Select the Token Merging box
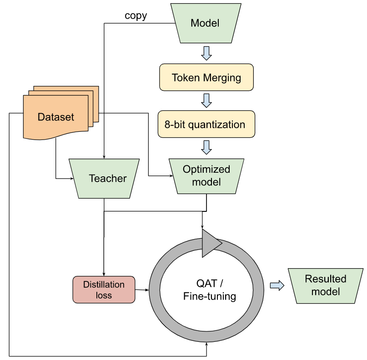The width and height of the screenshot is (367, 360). pyautogui.click(x=206, y=77)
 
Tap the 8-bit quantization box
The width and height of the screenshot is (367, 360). pyautogui.click(x=206, y=124)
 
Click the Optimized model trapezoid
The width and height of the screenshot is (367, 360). pyautogui.click(x=206, y=175)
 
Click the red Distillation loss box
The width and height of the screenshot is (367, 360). pyautogui.click(x=104, y=290)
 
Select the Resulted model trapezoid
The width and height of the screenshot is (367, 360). pyautogui.click(x=325, y=285)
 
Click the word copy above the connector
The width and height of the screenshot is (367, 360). pyautogui.click(x=136, y=16)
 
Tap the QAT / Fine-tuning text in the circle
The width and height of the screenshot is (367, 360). pyautogui.click(x=209, y=290)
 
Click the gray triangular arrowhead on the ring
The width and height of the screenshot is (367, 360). pyautogui.click(x=210, y=243)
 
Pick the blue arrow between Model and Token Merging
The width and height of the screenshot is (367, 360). pyautogui.click(x=206, y=53)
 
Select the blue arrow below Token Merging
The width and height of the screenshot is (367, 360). pyautogui.click(x=206, y=100)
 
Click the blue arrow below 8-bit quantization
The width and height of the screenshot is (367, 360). pyautogui.click(x=206, y=147)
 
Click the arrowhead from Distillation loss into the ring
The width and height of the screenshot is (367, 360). pyautogui.click(x=146, y=290)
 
